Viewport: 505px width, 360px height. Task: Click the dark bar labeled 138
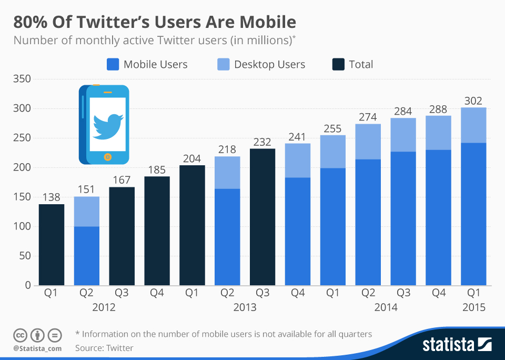click(x=52, y=245)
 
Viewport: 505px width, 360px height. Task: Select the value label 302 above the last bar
click(x=473, y=101)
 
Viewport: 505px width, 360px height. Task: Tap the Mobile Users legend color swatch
click(x=112, y=65)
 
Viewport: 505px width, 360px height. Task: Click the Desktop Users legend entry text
click(x=269, y=65)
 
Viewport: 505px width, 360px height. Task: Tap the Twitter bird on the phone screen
click(x=108, y=124)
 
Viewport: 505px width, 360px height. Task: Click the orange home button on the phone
click(x=107, y=156)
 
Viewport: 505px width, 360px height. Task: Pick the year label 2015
click(x=473, y=307)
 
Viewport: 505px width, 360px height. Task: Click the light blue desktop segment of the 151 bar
click(x=87, y=212)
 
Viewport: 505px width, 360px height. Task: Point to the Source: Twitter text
click(x=104, y=348)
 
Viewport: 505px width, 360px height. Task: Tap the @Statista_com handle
click(x=37, y=348)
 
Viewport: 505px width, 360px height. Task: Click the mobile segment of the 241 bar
click(x=298, y=232)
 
